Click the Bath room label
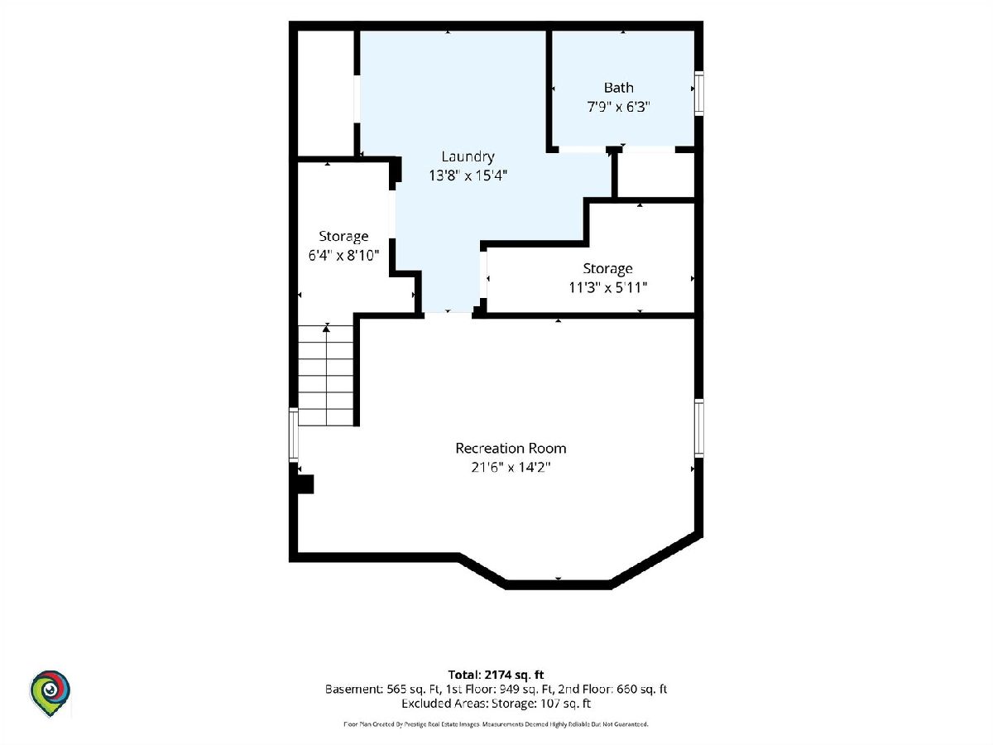click(618, 87)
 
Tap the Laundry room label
click(468, 156)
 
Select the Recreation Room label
click(511, 448)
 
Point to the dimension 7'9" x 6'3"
click(618, 107)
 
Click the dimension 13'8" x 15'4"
click(468, 175)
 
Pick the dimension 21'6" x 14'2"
click(511, 467)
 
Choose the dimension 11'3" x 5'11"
click(607, 287)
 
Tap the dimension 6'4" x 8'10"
click(343, 256)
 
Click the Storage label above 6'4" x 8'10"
click(343, 237)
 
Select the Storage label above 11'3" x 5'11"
click(607, 269)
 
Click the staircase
click(326, 376)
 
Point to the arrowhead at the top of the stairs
click(326, 329)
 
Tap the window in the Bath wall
click(699, 94)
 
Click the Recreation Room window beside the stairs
click(294, 435)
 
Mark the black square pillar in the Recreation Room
click(305, 484)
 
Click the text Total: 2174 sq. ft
click(496, 675)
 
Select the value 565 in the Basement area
click(396, 690)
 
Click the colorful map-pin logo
click(50, 693)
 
